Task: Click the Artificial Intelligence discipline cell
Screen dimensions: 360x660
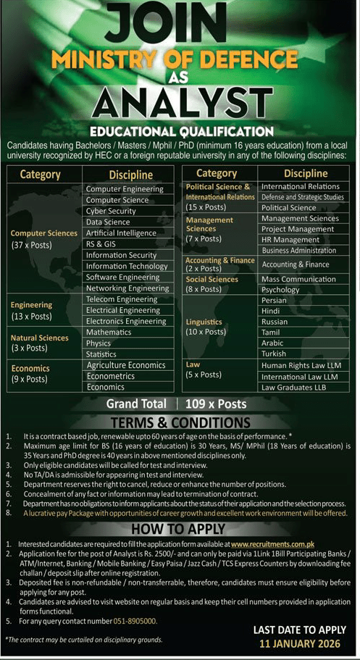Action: coord(121,233)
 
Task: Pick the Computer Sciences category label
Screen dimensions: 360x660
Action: coord(44,233)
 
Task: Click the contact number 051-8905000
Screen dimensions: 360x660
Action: coord(135,622)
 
